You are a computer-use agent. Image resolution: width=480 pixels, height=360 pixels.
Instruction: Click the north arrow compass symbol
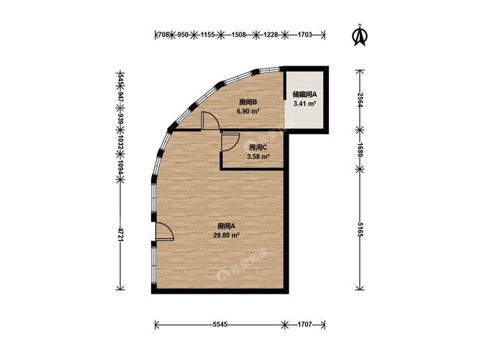(x=360, y=35)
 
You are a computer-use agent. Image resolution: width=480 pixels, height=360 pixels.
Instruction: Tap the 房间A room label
(x=226, y=226)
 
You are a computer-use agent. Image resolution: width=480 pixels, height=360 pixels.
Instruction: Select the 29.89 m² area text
(x=226, y=235)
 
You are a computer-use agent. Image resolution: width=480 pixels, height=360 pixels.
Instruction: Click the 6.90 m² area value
(x=248, y=111)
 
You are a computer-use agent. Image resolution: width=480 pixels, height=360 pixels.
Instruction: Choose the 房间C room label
(x=258, y=148)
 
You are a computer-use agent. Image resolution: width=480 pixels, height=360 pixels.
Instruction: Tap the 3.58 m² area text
(x=258, y=157)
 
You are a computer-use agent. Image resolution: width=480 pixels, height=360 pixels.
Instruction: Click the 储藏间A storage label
(x=304, y=94)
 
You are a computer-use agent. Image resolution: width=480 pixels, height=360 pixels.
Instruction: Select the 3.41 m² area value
(x=304, y=104)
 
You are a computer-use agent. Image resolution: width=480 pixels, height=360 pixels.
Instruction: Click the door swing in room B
(x=209, y=121)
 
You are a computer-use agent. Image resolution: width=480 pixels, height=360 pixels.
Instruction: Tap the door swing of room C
(x=230, y=142)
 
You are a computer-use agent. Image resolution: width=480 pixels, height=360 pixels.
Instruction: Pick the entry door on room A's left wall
(x=164, y=230)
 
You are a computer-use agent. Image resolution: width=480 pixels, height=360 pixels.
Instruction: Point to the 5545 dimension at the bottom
(x=219, y=325)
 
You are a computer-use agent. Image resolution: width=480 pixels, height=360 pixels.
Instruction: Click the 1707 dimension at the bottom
(x=304, y=325)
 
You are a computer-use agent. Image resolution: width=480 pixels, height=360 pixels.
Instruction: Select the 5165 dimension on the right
(x=360, y=229)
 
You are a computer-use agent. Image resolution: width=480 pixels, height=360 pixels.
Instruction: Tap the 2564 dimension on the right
(x=360, y=99)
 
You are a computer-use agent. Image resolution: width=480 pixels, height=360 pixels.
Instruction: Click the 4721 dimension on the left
(x=120, y=235)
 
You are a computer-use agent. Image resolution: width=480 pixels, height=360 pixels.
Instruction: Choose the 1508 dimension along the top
(x=238, y=35)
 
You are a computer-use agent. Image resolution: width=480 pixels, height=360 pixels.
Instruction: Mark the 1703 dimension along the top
(x=304, y=35)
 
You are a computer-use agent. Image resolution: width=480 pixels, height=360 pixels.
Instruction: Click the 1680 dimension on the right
(x=360, y=150)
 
